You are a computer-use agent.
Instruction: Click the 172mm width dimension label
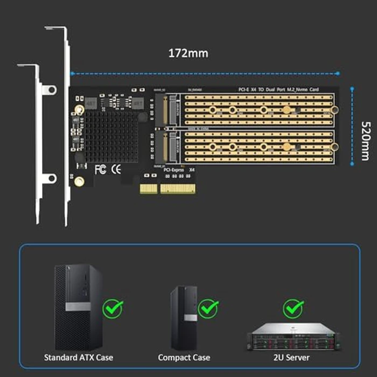(188, 53)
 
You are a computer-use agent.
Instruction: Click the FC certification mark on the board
(100, 170)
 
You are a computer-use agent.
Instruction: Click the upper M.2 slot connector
(167, 110)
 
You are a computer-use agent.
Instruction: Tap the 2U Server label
(292, 357)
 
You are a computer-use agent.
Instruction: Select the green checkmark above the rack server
(294, 308)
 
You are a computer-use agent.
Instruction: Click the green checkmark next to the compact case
(208, 308)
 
